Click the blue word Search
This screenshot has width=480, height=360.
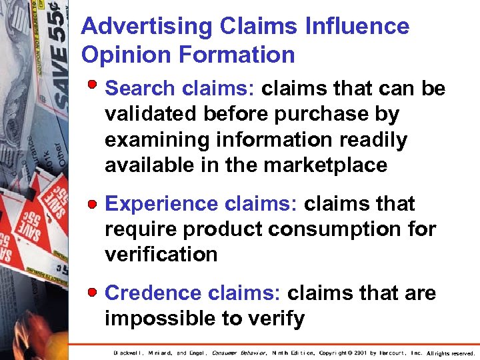(x=140, y=89)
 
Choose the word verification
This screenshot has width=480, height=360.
(x=161, y=255)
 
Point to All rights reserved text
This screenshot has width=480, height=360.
(x=450, y=353)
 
